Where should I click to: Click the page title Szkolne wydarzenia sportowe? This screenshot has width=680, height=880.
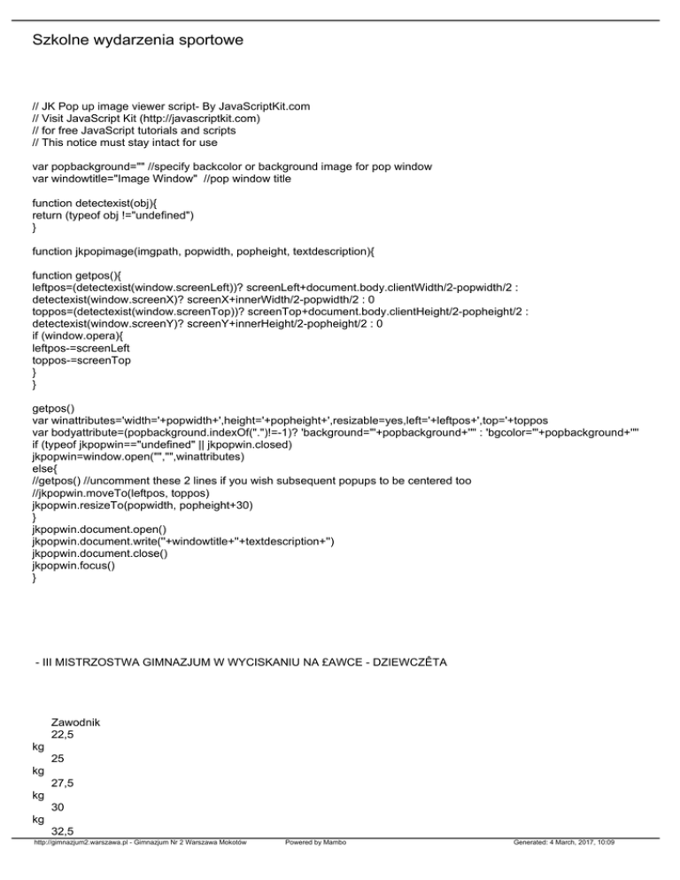point(137,41)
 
